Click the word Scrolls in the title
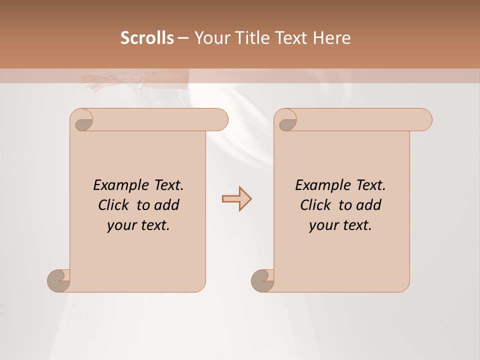(147, 38)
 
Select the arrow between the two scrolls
(236, 199)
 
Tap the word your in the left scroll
(120, 225)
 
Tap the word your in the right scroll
(322, 225)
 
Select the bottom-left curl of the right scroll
(262, 280)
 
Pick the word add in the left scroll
(167, 205)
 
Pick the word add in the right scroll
(369, 205)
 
